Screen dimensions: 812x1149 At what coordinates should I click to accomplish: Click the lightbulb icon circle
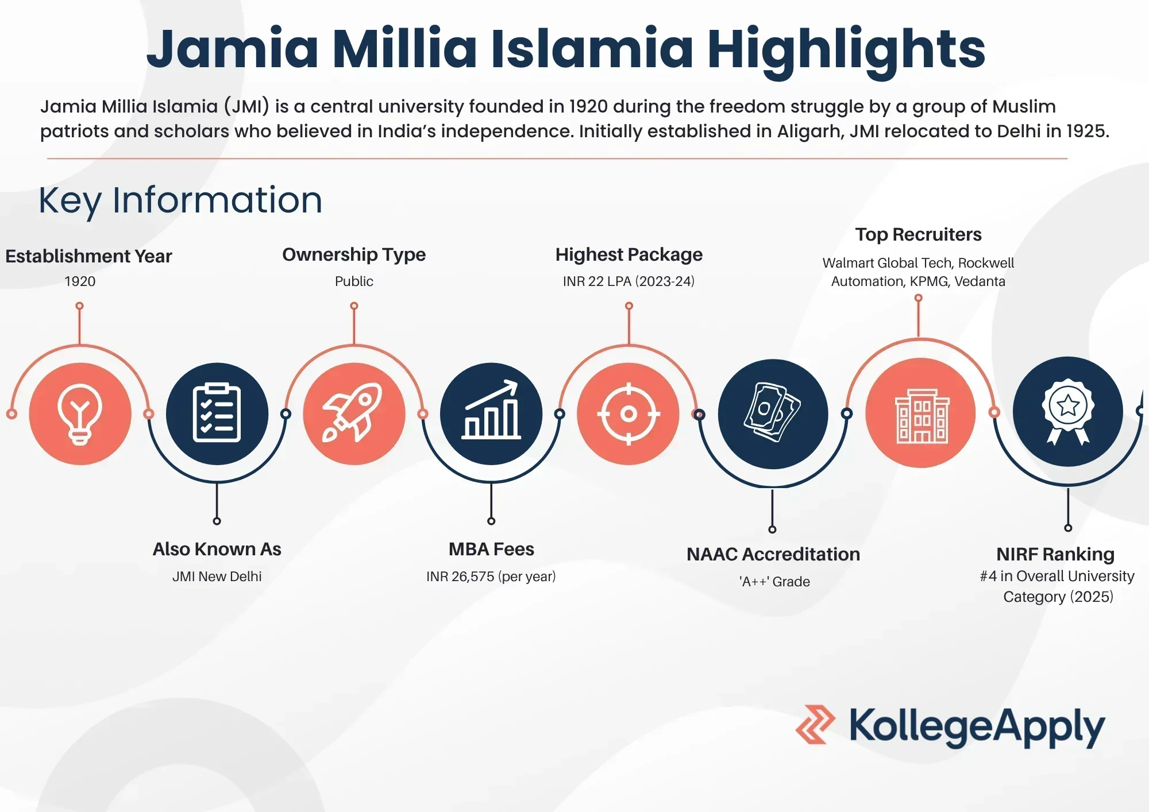tap(80, 413)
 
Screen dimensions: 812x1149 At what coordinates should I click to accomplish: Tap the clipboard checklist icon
tap(217, 413)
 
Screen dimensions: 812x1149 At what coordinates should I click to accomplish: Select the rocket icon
tap(354, 413)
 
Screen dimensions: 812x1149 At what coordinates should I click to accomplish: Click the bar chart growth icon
tap(491, 413)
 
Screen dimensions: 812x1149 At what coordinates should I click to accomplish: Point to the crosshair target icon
tap(629, 413)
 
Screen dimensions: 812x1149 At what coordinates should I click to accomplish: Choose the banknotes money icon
tap(773, 413)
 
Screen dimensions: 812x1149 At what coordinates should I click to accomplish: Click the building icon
tap(921, 413)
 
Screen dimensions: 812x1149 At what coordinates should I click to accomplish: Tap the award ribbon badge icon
tap(1068, 411)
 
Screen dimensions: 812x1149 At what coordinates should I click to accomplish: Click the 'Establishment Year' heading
tap(88, 256)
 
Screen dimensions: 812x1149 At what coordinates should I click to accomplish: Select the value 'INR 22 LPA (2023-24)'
tap(629, 281)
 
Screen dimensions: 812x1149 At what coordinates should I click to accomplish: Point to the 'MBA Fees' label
tap(491, 550)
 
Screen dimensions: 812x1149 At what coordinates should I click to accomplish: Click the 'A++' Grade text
tap(774, 582)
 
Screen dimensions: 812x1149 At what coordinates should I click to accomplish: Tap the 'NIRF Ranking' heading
tap(1055, 554)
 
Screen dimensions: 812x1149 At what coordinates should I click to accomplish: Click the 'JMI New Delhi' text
tap(217, 577)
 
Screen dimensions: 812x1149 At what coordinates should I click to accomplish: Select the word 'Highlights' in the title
tap(846, 49)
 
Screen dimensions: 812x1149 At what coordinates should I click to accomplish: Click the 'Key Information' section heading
tap(180, 200)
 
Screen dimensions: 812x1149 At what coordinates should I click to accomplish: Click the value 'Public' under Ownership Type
tap(354, 281)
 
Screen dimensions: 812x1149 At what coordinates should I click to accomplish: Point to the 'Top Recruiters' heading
tap(918, 234)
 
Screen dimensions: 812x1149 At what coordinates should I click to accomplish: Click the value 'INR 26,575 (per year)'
tap(491, 577)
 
